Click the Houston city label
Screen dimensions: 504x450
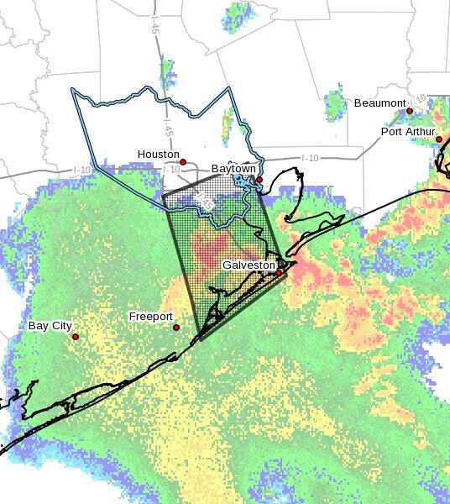pyautogui.click(x=159, y=155)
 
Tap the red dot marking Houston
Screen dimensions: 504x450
pyautogui.click(x=183, y=162)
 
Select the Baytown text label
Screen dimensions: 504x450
pyautogui.click(x=233, y=169)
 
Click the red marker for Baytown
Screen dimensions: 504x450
pyautogui.click(x=259, y=180)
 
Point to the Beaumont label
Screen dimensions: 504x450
pyautogui.click(x=379, y=103)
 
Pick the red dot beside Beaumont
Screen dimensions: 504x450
pyautogui.click(x=410, y=111)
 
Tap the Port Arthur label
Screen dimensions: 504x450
pyautogui.click(x=408, y=132)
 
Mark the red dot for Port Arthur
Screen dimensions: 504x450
pyautogui.click(x=439, y=139)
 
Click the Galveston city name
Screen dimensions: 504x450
pyautogui.click(x=249, y=265)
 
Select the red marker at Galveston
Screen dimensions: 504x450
pyautogui.click(x=279, y=273)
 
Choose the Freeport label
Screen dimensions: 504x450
pyautogui.click(x=150, y=317)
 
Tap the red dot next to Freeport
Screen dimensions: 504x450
pyautogui.click(x=176, y=328)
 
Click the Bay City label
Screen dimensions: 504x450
pyautogui.click(x=50, y=326)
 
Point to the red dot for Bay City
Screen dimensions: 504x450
pyautogui.click(x=76, y=337)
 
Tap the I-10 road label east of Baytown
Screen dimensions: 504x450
pyautogui.click(x=311, y=158)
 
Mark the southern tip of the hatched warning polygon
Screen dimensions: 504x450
pyautogui.click(x=200, y=340)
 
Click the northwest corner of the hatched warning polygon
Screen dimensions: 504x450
pyautogui.click(x=164, y=197)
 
